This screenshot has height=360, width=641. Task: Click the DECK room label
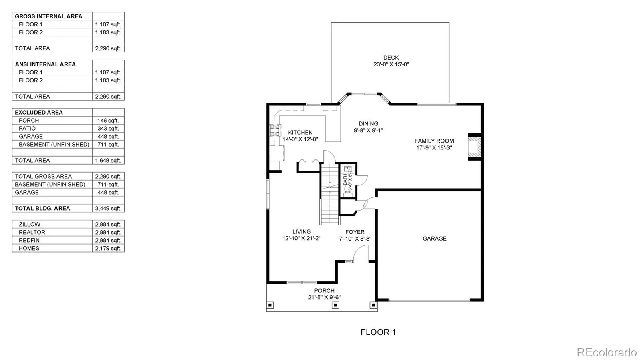[x=391, y=58]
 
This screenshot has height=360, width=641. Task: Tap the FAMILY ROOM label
[x=434, y=141]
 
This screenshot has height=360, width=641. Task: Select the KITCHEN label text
[x=300, y=133]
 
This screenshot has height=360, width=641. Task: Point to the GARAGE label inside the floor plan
[x=434, y=239]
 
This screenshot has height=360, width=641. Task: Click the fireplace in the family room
[x=474, y=147]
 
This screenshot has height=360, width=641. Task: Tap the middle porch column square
[x=335, y=306]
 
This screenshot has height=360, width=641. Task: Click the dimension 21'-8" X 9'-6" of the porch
[x=324, y=298]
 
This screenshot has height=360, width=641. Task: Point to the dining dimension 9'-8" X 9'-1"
[x=368, y=131]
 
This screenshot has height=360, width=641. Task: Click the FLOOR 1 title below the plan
[x=378, y=332]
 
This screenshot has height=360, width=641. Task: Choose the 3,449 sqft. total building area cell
[x=108, y=209]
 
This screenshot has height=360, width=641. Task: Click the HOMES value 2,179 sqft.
[x=108, y=249]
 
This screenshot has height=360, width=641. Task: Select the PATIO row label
[x=27, y=129]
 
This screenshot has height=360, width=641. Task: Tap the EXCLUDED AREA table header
[x=38, y=113]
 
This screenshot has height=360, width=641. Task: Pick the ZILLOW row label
[x=30, y=225]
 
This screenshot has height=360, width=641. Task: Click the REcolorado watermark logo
[x=607, y=352]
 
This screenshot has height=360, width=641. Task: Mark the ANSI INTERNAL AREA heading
[x=45, y=64]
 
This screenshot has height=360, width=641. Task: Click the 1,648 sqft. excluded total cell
[x=108, y=161]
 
